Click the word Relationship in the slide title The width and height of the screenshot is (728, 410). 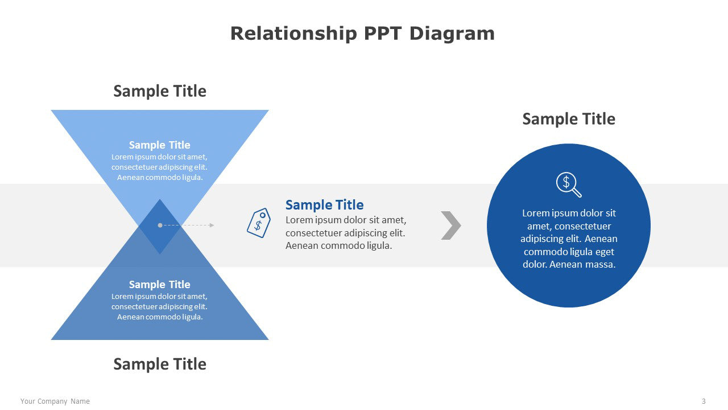[x=293, y=34]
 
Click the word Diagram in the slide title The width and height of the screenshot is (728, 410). [x=452, y=34]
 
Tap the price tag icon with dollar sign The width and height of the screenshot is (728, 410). [x=259, y=223]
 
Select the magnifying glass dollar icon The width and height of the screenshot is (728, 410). [x=569, y=184]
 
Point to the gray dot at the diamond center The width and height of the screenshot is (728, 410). [x=160, y=225]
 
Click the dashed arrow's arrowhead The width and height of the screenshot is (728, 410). [x=212, y=225]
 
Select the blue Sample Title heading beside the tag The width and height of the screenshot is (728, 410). [x=324, y=205]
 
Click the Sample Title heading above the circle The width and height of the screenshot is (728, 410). [x=569, y=119]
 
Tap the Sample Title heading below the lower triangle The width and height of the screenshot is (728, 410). [x=160, y=364]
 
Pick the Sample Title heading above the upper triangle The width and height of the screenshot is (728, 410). [x=160, y=91]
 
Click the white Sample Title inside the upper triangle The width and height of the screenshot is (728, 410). [x=160, y=145]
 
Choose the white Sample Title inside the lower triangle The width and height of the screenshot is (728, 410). [x=160, y=285]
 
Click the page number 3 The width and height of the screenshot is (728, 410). [x=704, y=401]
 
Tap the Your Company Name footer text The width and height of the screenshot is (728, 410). [x=55, y=401]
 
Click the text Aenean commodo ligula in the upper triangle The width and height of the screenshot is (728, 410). [x=160, y=178]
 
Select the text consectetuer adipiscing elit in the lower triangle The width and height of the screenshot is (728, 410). [x=159, y=307]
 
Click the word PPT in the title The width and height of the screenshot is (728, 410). [x=383, y=34]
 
